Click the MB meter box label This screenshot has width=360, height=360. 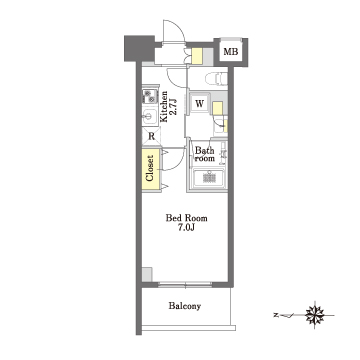(x=231, y=52)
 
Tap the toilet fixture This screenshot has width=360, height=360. (x=216, y=79)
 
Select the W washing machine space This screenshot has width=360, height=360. (x=199, y=103)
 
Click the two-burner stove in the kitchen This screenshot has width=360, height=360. (x=150, y=96)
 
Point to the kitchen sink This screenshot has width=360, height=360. (x=149, y=117)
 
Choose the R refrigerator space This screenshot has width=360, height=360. (x=151, y=136)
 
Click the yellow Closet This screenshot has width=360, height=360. (x=150, y=169)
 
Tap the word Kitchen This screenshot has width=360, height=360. (x=164, y=107)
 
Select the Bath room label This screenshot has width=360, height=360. (x=205, y=154)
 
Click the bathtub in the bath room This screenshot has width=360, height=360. (x=209, y=178)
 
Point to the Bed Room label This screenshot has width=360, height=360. (x=187, y=218)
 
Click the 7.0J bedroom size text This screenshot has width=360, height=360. (x=187, y=228)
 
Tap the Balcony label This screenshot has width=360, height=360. (x=185, y=306)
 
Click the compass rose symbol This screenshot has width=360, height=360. (x=315, y=315)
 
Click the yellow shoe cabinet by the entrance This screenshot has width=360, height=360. (x=197, y=56)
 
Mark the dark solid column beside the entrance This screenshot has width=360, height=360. (x=140, y=48)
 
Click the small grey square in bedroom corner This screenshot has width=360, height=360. (x=147, y=274)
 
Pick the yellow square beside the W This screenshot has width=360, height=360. (x=218, y=108)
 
